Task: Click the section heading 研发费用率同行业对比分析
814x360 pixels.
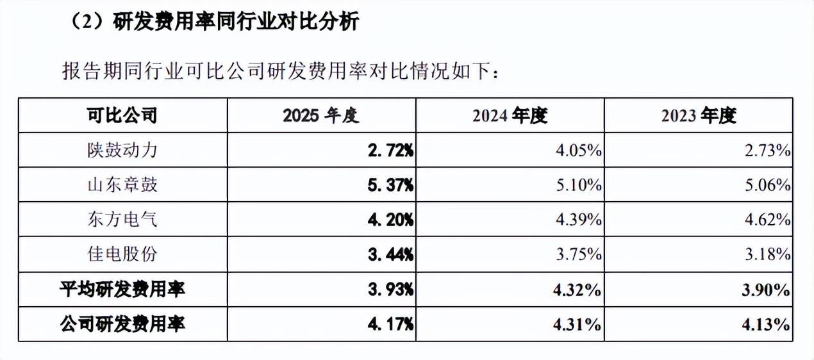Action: tap(236, 21)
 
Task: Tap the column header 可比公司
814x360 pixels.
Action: tap(122, 115)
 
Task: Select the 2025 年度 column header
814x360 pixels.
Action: tap(321, 115)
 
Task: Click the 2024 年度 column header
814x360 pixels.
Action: tap(510, 115)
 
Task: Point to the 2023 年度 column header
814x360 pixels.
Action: tap(699, 115)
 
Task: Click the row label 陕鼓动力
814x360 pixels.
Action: tap(122, 150)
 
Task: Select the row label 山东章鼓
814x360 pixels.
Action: tap(122, 184)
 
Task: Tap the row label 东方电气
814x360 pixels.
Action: tap(122, 220)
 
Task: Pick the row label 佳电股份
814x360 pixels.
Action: tap(122, 254)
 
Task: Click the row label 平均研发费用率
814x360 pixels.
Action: tap(122, 290)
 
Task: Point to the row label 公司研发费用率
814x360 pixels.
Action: tap(122, 324)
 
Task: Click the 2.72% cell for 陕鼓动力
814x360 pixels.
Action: tap(390, 151)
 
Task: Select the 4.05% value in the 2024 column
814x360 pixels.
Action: tap(579, 151)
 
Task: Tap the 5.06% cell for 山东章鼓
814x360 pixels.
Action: tap(767, 185)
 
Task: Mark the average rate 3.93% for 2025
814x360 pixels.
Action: tap(390, 290)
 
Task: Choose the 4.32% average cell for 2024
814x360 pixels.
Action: tap(577, 290)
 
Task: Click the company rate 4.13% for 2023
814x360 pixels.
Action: tap(766, 324)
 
